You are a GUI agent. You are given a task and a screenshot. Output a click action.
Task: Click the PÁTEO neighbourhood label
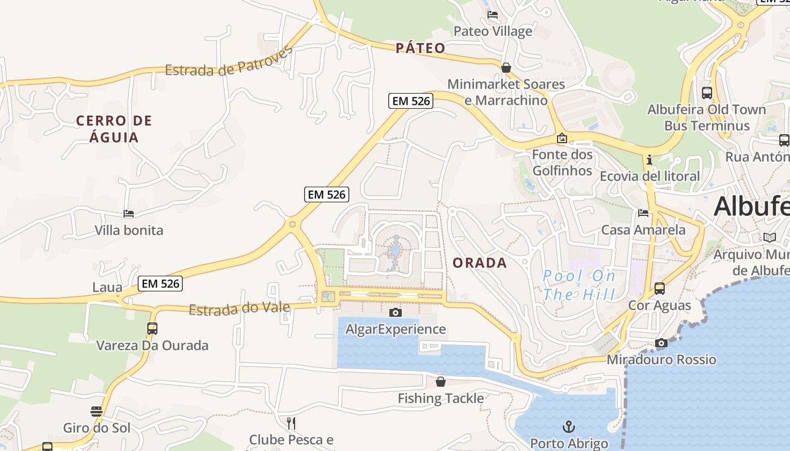pos(420,48)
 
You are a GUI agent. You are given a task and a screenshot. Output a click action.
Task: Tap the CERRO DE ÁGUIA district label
pos(114,129)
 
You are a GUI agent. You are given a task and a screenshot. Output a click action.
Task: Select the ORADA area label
pos(480,263)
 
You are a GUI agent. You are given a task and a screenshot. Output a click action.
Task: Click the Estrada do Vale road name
pos(239,309)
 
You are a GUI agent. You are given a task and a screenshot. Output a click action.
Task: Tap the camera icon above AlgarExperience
pos(396,312)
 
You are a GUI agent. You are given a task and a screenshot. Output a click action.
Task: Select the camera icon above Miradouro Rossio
pos(661,343)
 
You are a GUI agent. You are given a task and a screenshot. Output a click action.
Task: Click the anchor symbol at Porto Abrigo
pos(569,426)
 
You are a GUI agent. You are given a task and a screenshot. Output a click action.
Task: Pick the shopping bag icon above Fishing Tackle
pos(441,382)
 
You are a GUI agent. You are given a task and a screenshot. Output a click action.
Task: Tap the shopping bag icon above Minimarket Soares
pos(506,68)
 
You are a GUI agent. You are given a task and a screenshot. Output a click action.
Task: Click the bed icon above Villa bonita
pos(129,214)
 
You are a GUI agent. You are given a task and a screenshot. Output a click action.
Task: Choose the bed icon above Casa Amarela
pos(643,213)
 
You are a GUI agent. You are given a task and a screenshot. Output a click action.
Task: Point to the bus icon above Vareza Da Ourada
pos(152,328)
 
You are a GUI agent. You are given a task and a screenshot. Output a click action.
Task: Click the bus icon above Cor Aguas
pos(660,289)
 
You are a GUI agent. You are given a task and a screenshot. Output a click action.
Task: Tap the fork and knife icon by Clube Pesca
pos(291,423)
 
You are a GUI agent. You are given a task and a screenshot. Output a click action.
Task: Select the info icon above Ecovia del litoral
pos(649,160)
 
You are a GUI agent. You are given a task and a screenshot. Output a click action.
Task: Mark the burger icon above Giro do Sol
pos(96,411)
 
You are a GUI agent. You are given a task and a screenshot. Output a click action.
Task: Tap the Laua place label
pos(107,288)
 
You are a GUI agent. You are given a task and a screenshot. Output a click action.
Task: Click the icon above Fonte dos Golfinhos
pos(562,138)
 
